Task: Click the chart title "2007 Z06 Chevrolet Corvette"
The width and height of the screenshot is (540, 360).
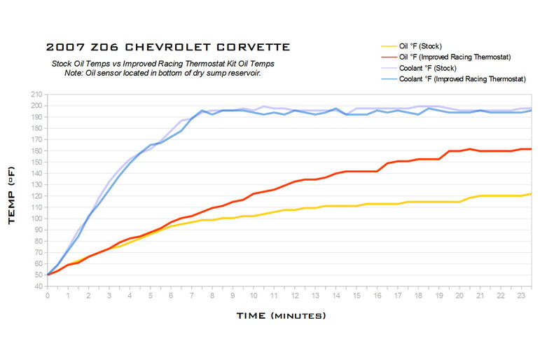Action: point(168,47)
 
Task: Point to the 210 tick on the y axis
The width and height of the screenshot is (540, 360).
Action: point(36,95)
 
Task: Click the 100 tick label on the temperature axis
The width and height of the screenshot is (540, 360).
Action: point(36,219)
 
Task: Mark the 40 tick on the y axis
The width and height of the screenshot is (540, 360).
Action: point(39,286)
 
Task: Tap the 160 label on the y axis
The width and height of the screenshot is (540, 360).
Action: point(36,151)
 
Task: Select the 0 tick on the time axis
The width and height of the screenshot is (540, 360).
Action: point(48,296)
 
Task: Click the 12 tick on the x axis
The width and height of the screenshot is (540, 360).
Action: point(295,296)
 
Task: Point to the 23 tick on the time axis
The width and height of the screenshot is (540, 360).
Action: point(521,296)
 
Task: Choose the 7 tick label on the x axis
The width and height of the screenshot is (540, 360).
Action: point(192,296)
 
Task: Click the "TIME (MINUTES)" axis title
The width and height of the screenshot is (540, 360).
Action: point(281,316)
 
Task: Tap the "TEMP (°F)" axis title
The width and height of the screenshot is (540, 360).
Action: point(11,195)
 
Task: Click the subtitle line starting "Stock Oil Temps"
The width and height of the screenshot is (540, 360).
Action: point(163,64)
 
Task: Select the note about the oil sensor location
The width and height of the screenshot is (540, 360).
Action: point(162,73)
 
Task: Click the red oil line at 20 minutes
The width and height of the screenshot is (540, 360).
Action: point(459,151)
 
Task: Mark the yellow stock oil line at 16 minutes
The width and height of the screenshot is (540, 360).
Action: point(378,204)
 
